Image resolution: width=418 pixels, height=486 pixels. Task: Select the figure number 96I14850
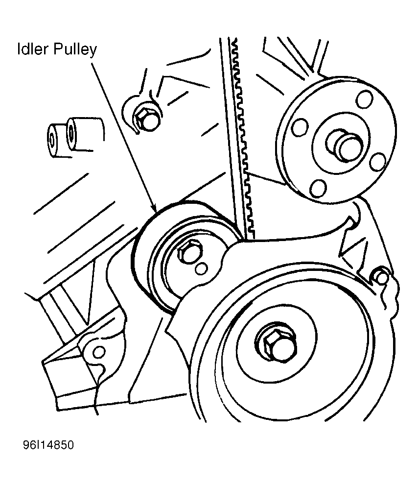pos(47,446)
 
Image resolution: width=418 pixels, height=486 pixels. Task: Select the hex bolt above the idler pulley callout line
pos(145,119)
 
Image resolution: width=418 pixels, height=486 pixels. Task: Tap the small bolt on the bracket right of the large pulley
pos(380,277)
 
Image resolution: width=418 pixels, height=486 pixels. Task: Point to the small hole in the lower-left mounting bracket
pos(99,351)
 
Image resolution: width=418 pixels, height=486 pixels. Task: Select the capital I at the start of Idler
pos(19,50)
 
